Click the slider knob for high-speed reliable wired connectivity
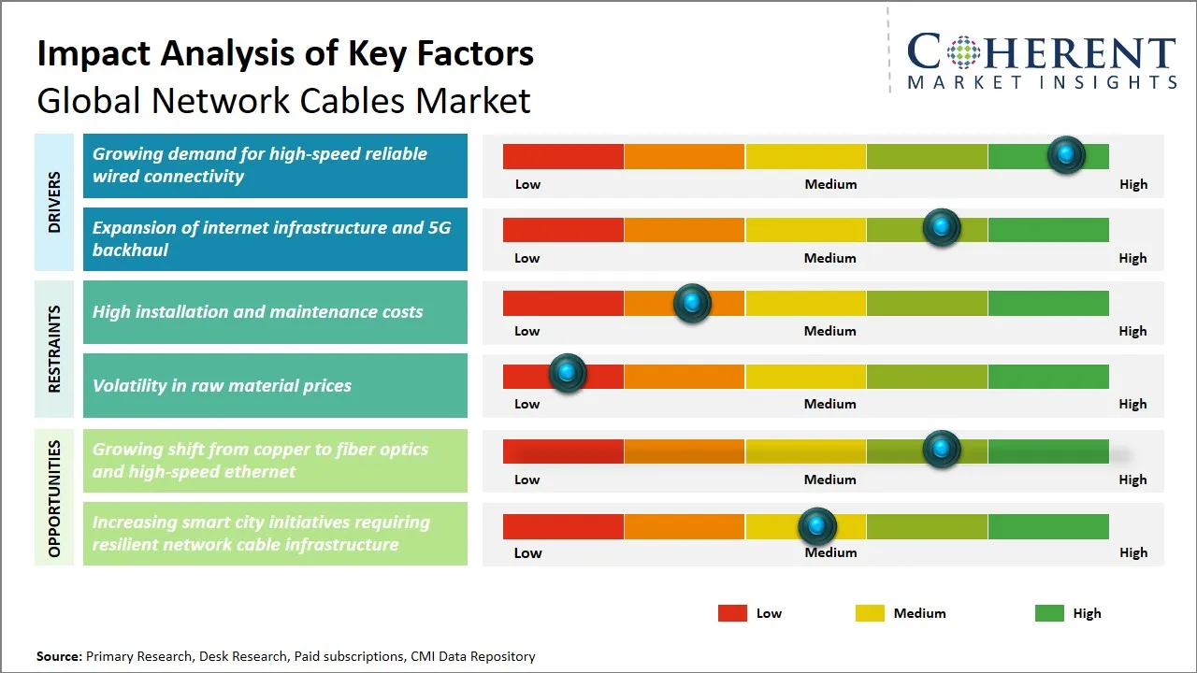pos(1066,154)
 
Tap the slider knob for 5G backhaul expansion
pos(942,227)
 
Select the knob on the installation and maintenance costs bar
pos(692,302)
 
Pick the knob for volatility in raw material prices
pos(567,373)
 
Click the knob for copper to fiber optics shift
pos(942,449)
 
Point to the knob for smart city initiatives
pos(817,526)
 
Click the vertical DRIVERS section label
pos(54,202)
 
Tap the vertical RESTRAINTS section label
pos(54,349)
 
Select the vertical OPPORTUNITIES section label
pos(54,498)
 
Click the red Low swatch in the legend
pos(732,613)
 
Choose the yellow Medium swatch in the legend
pos(870,613)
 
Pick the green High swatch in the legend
pos(1049,613)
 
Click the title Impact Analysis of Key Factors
pos(285,54)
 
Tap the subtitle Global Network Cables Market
pos(283,100)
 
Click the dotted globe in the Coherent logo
pos(962,52)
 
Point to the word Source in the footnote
pos(59,656)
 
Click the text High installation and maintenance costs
pos(257,312)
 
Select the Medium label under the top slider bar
pos(830,184)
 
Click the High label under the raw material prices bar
pos(1132,404)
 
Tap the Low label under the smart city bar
pos(527,552)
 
